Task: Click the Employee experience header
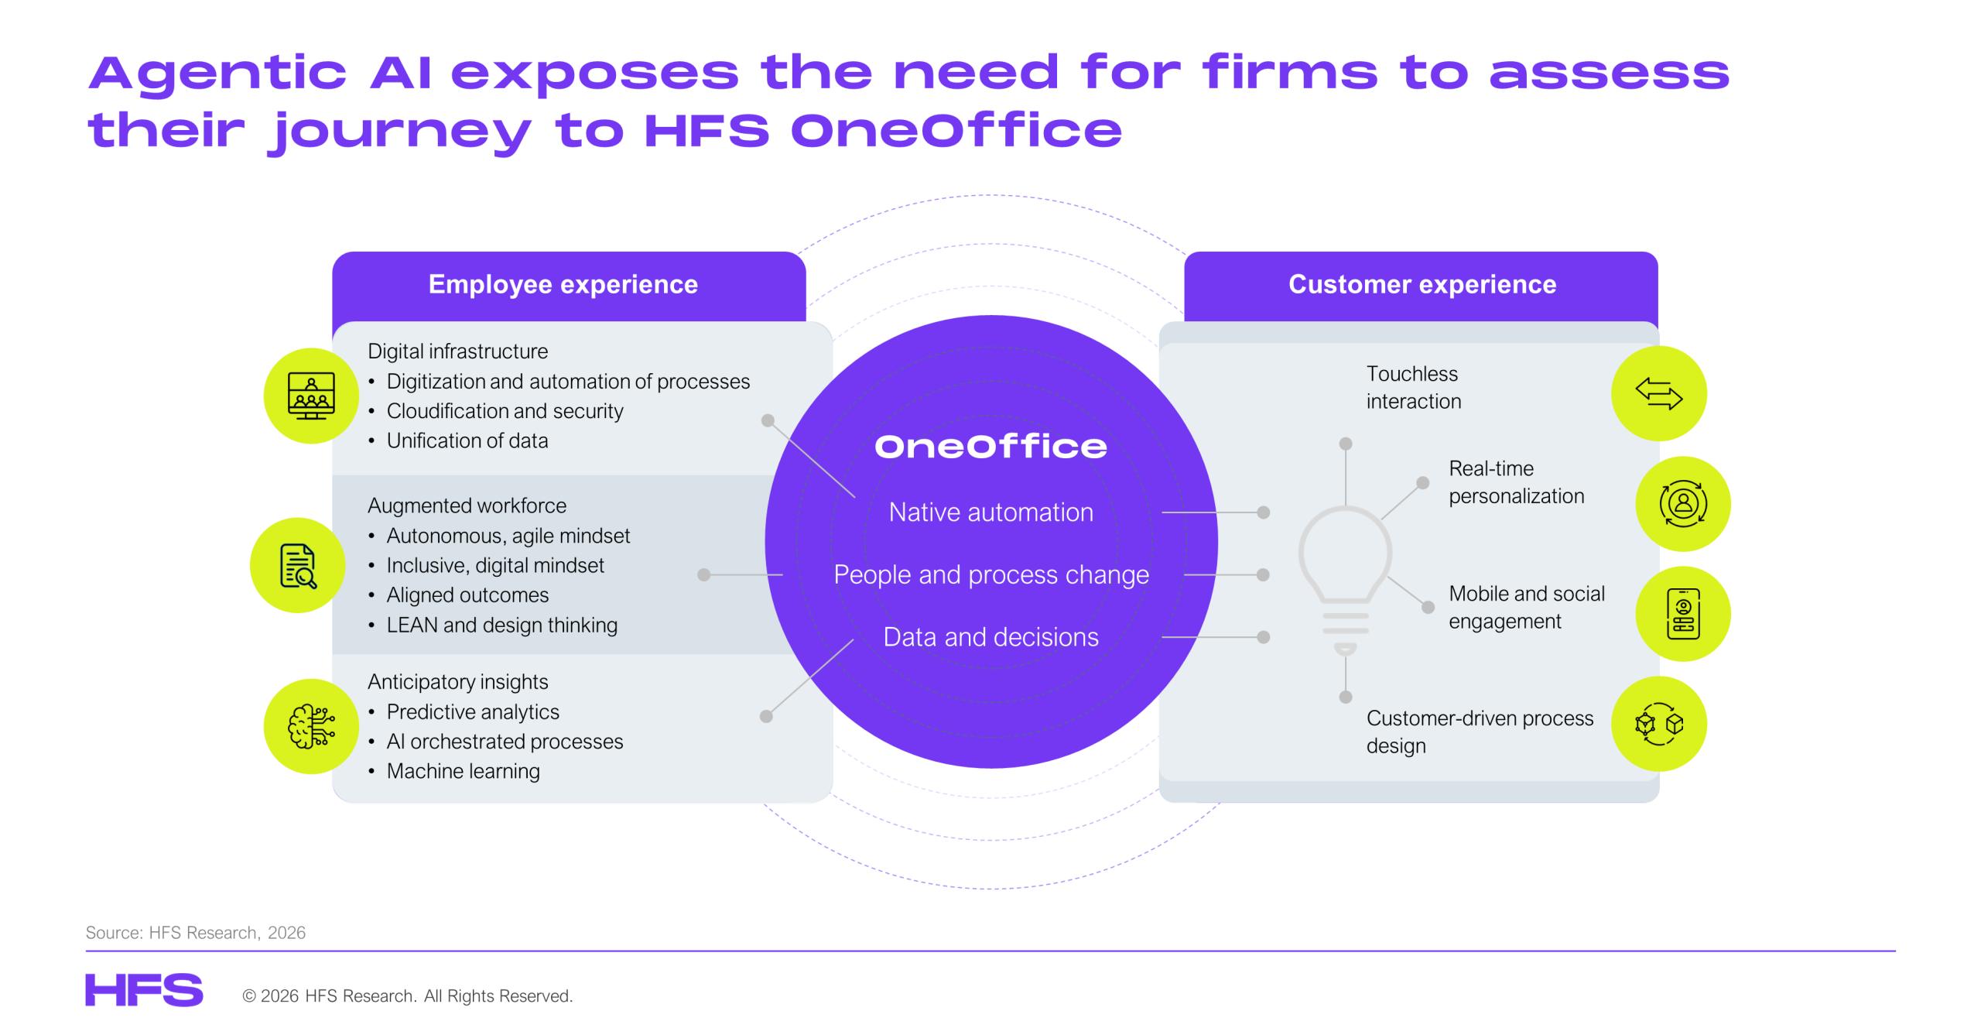(563, 285)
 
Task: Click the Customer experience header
(1422, 285)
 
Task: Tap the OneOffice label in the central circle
(990, 447)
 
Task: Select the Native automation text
(990, 512)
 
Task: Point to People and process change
(990, 575)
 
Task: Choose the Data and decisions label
(990, 637)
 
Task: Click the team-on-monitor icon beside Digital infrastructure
(311, 396)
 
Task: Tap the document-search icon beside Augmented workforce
(298, 566)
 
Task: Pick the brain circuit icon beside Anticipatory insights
(311, 726)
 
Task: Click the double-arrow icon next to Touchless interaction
(1658, 394)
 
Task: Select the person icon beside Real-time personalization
(1682, 504)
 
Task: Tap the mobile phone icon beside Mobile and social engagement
(1682, 614)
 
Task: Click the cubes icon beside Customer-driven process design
(1658, 724)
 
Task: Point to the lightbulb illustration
(1345, 573)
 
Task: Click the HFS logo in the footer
(144, 990)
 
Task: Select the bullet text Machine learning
(463, 771)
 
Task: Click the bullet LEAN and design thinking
(501, 625)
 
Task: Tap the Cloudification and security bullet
(505, 411)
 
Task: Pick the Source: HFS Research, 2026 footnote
(195, 933)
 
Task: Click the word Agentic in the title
(218, 74)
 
